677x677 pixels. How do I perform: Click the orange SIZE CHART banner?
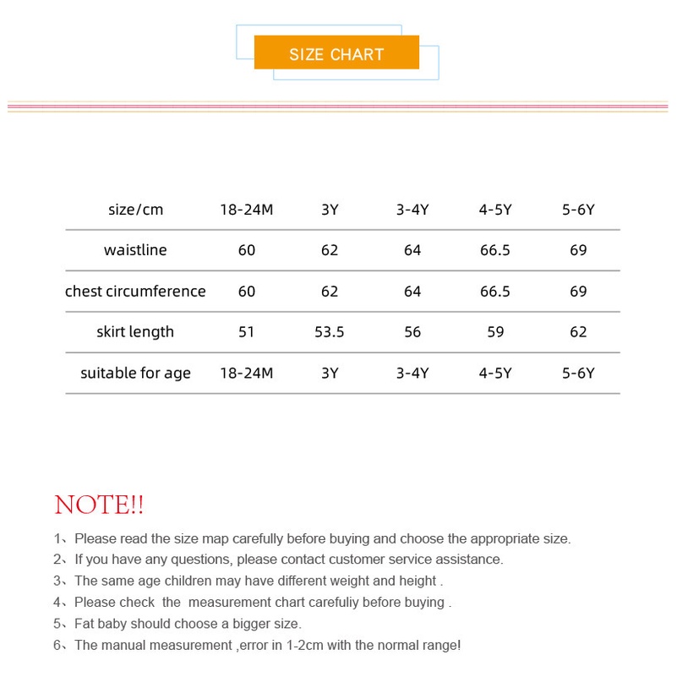(x=336, y=53)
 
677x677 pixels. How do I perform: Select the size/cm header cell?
(x=135, y=210)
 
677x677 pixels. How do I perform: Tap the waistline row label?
(x=135, y=250)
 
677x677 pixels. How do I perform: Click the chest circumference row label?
(x=135, y=292)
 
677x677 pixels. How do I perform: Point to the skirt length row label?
(x=135, y=332)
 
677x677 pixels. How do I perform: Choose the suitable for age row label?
(x=135, y=374)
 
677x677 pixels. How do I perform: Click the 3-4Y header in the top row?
(x=412, y=210)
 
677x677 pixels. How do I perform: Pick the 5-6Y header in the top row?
(x=578, y=210)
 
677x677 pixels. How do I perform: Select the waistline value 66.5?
(x=495, y=250)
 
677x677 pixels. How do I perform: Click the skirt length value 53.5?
(x=330, y=332)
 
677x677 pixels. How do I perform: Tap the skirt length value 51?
(x=247, y=332)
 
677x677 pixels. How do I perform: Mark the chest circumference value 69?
(x=578, y=292)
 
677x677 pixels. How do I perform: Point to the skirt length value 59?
(x=495, y=332)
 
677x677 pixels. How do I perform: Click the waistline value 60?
(x=247, y=250)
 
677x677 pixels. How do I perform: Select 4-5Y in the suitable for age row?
(x=495, y=374)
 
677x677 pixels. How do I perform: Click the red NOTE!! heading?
(x=99, y=505)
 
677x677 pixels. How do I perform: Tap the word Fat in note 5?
(x=85, y=624)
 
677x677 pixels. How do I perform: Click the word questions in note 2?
(x=203, y=560)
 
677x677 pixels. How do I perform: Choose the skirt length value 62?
(x=578, y=332)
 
